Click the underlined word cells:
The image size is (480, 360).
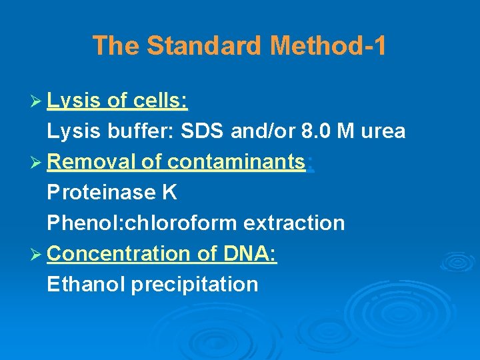point(160,101)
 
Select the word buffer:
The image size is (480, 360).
point(137,131)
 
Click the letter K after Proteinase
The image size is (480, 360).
point(169,193)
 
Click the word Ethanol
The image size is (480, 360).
point(86,285)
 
